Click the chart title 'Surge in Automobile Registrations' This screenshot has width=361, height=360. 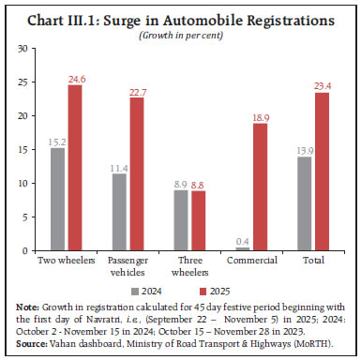[180, 18]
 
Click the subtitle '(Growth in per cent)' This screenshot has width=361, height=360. [180, 34]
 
